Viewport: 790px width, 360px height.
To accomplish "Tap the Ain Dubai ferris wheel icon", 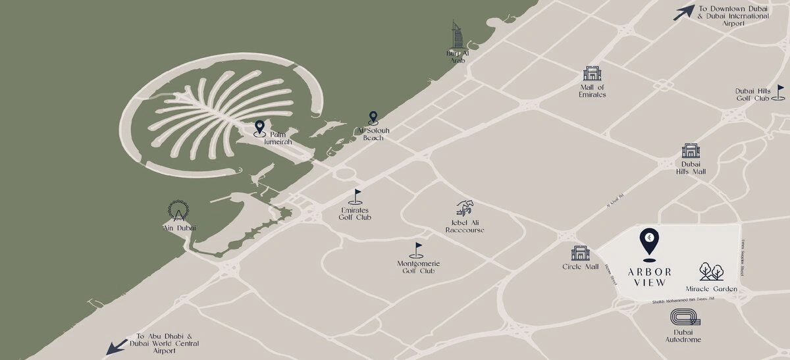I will point(178,211).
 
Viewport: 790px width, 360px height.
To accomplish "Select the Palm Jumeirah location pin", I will point(259,126).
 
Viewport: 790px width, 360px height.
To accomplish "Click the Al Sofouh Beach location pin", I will point(373,118).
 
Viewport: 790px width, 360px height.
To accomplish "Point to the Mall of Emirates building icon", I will point(592,74).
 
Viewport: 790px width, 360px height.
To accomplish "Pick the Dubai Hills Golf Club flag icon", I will point(779,92).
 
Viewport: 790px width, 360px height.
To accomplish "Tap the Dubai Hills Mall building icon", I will point(690,151).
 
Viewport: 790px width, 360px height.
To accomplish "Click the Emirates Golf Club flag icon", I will point(356,196).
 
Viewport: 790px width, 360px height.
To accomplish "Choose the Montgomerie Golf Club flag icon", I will point(416,250).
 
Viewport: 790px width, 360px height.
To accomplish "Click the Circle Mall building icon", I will point(580,253).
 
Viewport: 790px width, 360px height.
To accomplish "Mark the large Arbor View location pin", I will point(648,243).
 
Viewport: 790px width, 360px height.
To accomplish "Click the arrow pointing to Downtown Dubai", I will point(684,12).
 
